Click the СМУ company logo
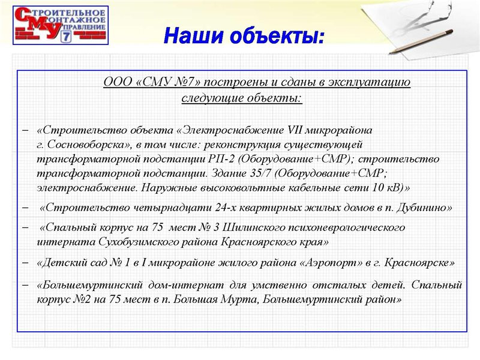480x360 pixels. click(x=61, y=25)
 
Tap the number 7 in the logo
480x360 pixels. click(x=66, y=37)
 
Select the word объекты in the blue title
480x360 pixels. click(x=277, y=35)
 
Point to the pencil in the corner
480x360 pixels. click(x=421, y=41)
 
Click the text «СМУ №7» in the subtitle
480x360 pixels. click(x=169, y=82)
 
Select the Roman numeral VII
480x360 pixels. click(x=295, y=130)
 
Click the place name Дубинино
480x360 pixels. click(x=424, y=208)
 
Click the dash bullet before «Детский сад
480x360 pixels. click(x=25, y=262)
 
